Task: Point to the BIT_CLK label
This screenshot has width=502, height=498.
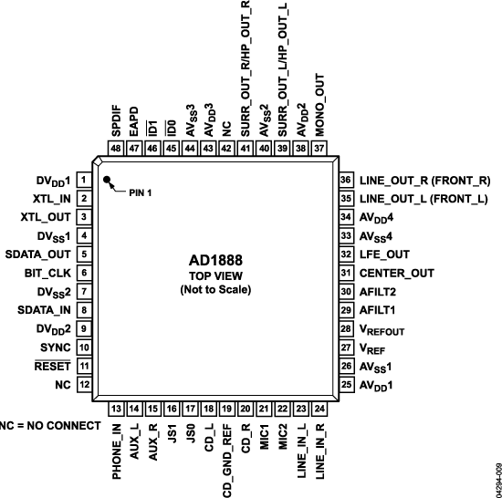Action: (47, 273)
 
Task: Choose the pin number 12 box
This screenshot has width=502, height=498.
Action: (83, 384)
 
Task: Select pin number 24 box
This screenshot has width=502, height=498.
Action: (319, 409)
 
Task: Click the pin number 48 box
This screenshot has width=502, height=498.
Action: (116, 149)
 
